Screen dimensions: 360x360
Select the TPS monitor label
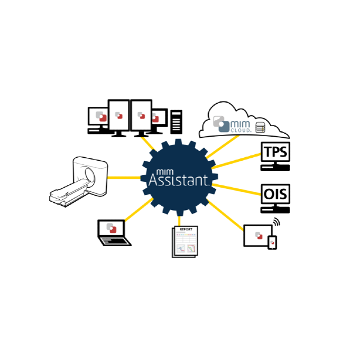coord(275,152)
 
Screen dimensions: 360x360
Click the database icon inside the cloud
coord(260,127)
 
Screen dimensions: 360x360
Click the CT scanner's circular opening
coord(90,175)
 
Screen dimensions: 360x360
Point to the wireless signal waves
coord(277,223)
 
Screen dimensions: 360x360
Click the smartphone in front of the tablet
coord(272,242)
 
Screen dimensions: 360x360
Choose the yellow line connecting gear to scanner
coord(125,177)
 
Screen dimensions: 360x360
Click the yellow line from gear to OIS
coord(238,189)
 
